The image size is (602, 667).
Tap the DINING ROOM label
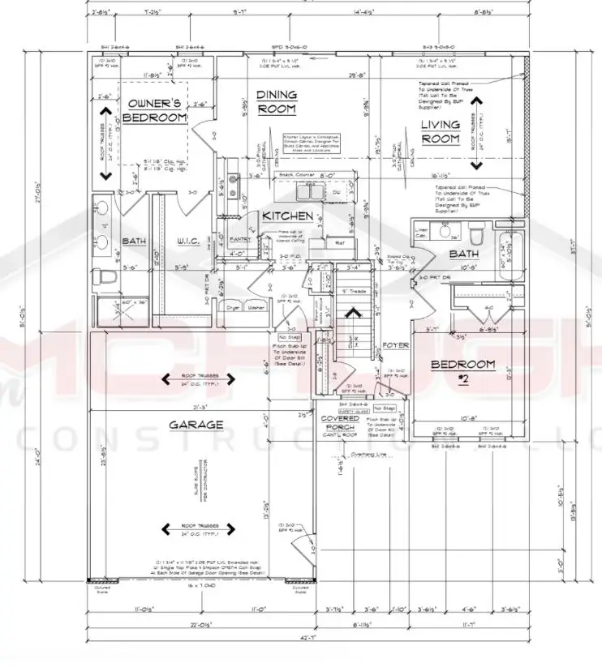click(277, 101)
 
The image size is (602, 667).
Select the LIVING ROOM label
click(441, 131)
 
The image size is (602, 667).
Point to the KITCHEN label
click(287, 216)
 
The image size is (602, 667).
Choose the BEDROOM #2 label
click(462, 370)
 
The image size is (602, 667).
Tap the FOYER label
click(395, 344)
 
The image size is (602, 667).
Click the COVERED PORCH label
click(340, 424)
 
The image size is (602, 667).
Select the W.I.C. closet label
click(194, 241)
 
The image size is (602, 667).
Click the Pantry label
click(240, 240)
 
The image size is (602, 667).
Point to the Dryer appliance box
click(233, 308)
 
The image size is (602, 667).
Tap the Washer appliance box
click(256, 308)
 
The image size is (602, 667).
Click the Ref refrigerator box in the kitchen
click(339, 242)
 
